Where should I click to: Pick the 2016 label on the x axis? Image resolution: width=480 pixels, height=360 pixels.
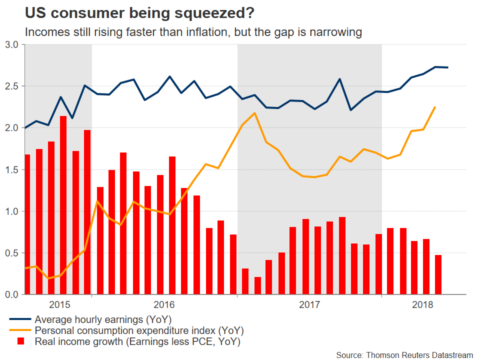164,304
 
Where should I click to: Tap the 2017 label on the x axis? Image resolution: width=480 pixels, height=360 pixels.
309,304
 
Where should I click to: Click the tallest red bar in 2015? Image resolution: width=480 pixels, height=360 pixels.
63,205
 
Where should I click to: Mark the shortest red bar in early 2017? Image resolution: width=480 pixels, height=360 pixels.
257,285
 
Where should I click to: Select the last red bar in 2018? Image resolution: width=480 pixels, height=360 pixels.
438,274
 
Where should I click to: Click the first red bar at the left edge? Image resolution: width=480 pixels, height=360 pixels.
27,224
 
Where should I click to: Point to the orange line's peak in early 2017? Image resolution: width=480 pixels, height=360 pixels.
255,113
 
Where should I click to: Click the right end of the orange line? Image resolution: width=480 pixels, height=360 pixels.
435,107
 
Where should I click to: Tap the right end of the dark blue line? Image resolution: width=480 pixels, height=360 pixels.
447,67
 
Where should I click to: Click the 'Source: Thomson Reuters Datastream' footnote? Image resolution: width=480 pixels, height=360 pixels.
404,355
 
